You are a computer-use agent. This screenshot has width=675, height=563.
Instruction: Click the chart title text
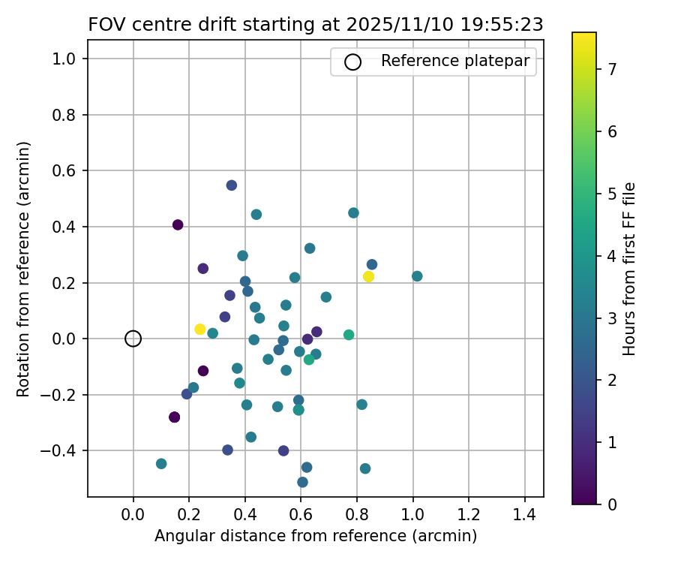pyautogui.click(x=316, y=24)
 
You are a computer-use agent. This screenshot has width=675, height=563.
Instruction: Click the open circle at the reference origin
pyautogui.click(x=133, y=339)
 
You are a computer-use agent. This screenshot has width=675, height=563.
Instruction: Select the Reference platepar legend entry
pyautogui.click(x=435, y=62)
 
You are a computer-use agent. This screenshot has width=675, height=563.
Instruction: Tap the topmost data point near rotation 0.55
pyautogui.click(x=232, y=185)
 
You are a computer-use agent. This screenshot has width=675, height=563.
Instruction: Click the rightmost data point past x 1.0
pyautogui.click(x=417, y=276)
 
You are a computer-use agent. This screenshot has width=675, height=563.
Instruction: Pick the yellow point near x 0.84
pyautogui.click(x=368, y=276)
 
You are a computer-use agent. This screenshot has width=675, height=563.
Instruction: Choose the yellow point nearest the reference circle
pyautogui.click(x=199, y=330)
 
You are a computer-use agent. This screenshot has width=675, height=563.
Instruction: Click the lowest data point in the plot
pyautogui.click(x=302, y=482)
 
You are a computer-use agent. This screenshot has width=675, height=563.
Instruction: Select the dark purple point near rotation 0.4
pyautogui.click(x=178, y=224)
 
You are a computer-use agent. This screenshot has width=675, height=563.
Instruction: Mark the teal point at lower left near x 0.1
pyautogui.click(x=161, y=464)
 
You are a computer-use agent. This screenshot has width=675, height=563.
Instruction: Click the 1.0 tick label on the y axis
pyautogui.click(x=67, y=59)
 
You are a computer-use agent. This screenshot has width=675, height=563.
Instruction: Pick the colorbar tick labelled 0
pyautogui.click(x=612, y=504)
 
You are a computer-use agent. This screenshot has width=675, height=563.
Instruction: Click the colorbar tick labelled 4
pyautogui.click(x=612, y=256)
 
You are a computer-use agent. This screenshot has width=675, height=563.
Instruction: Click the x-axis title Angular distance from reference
pyautogui.click(x=316, y=536)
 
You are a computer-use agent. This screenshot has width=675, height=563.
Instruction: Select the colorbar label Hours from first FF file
pyautogui.click(x=630, y=268)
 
